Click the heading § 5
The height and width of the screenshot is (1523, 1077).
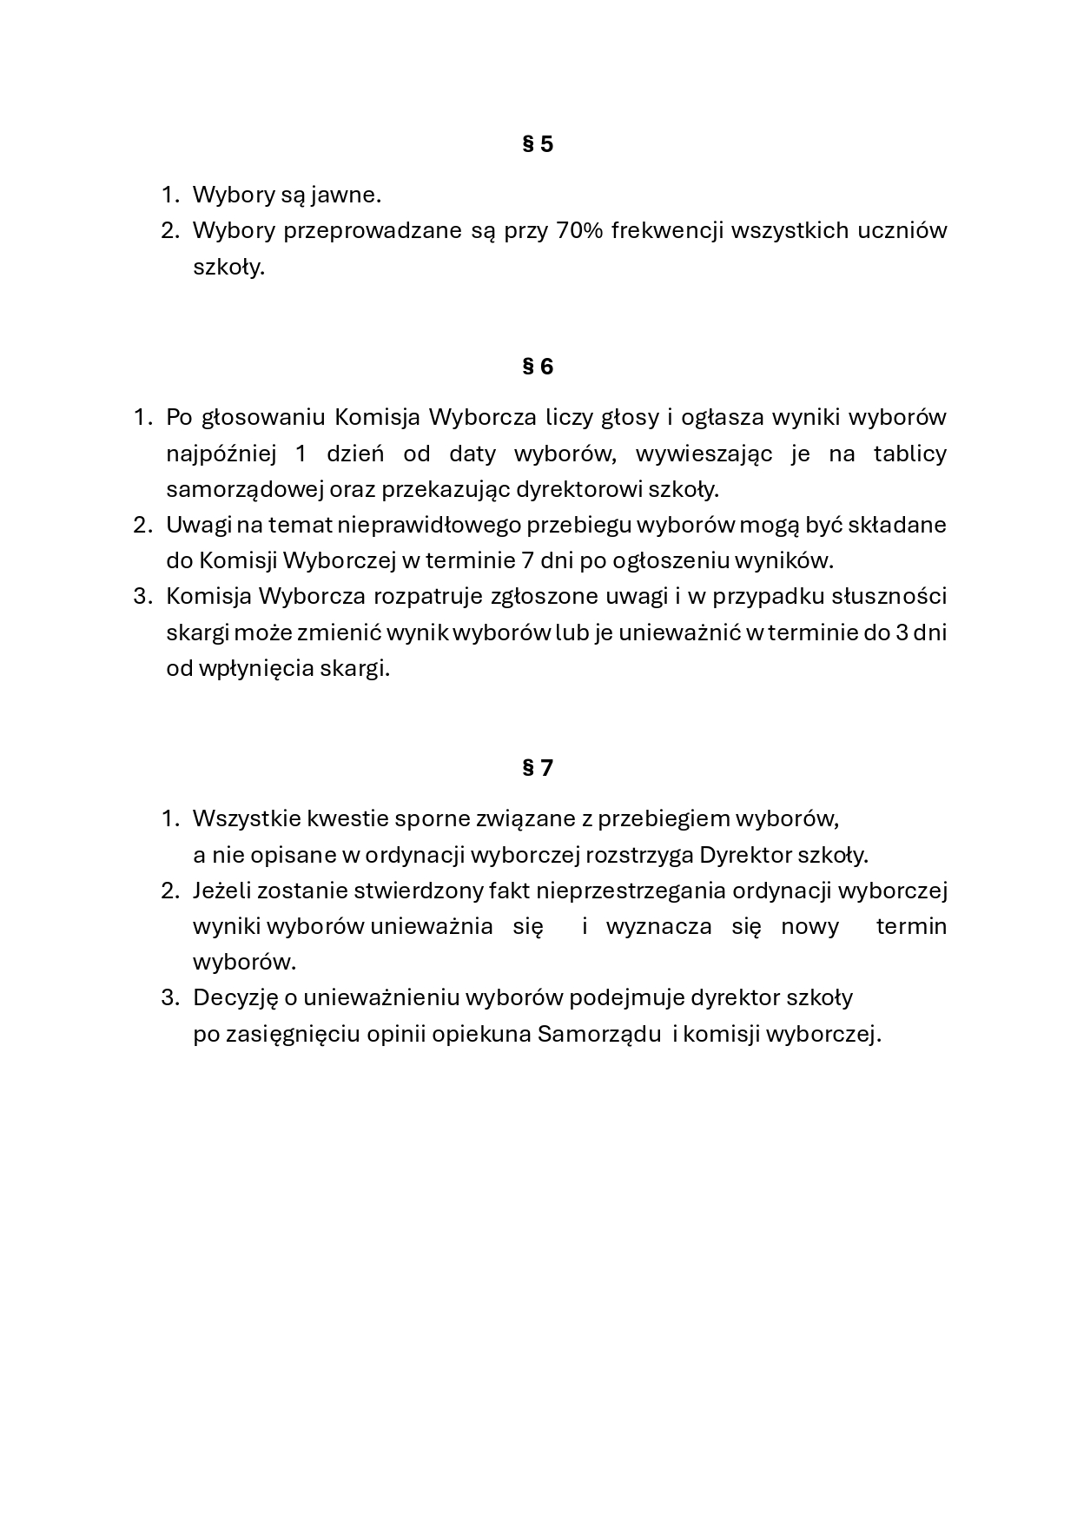point(538,144)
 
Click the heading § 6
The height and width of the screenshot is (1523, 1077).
point(538,367)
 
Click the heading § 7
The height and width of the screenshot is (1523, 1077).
point(538,768)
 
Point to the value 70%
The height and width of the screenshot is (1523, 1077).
point(578,230)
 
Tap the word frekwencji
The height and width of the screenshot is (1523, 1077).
point(668,230)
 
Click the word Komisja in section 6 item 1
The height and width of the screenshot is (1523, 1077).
point(378,417)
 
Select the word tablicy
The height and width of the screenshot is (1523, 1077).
point(909,454)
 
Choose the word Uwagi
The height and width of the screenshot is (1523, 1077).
point(197,525)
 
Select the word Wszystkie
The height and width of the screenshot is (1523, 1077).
point(246,818)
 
